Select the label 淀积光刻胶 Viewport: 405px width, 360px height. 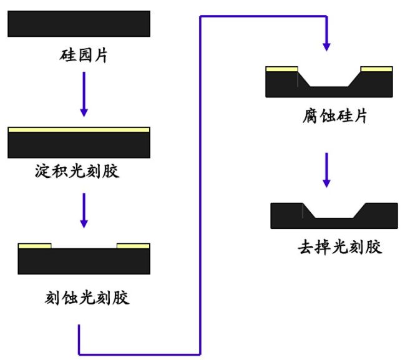point(78,170)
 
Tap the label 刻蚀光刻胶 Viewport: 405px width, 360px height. point(87,297)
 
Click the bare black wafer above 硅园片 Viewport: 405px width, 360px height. point(79,23)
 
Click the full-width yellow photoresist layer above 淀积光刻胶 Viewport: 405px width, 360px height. point(79,130)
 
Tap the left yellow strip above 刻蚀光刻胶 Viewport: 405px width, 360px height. point(35,246)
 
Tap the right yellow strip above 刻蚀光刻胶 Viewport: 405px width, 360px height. point(133,246)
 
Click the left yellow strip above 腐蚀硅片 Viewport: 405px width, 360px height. point(281,69)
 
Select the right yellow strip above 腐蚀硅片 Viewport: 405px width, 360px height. point(376,69)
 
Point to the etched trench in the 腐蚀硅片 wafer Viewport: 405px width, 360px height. point(329,80)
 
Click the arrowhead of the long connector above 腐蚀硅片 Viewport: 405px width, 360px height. point(326,46)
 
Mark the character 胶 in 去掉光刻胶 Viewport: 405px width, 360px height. point(372,247)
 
